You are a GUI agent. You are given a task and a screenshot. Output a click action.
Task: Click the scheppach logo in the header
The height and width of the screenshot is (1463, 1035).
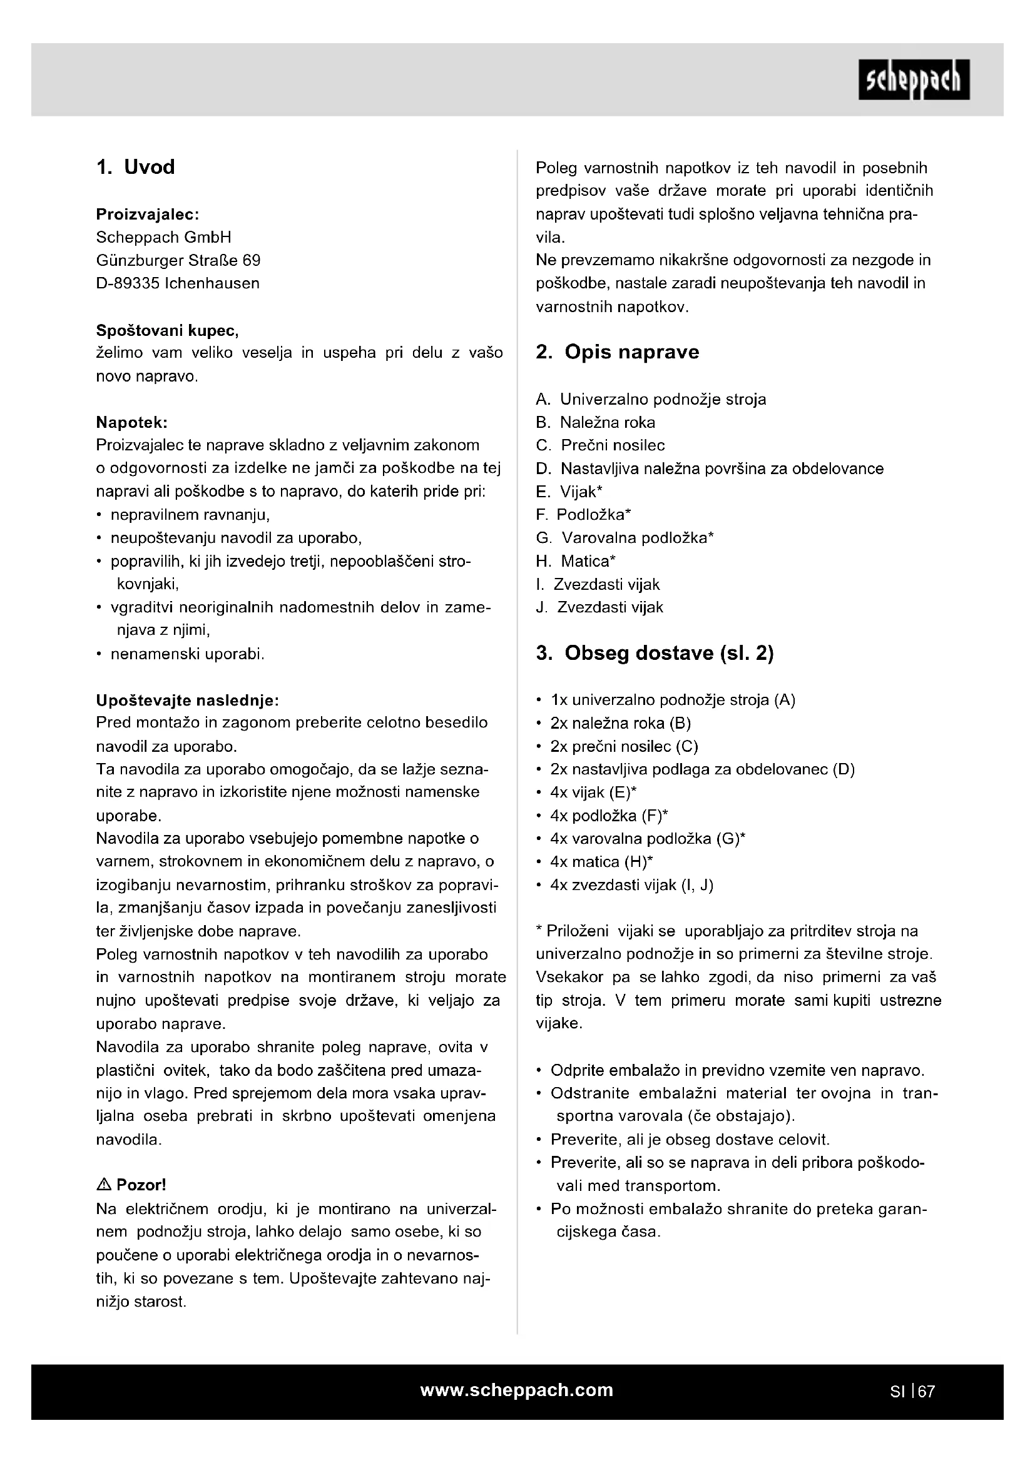tap(913, 79)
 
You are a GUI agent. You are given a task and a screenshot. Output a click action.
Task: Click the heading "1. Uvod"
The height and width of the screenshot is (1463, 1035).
tap(135, 167)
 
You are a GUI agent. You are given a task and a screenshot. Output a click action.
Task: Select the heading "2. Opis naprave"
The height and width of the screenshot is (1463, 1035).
tap(617, 352)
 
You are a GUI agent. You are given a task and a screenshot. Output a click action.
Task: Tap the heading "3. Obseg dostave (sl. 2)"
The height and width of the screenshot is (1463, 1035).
tap(655, 653)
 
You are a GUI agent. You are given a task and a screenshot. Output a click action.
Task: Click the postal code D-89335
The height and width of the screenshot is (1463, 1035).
tap(128, 283)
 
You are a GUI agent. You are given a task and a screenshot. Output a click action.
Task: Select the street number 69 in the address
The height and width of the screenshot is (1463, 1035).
tap(251, 261)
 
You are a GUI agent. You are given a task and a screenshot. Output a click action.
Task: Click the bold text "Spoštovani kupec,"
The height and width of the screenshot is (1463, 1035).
tap(167, 331)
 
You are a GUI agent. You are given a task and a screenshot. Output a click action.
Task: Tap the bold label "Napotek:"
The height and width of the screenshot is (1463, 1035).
tap(131, 422)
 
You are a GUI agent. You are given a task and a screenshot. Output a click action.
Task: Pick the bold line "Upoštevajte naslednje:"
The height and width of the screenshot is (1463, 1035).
tap(187, 701)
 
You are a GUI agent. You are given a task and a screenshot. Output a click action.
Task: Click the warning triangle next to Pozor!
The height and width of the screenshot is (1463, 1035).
tap(104, 1185)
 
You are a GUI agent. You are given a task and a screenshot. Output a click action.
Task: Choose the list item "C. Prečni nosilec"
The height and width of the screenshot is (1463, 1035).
tap(600, 445)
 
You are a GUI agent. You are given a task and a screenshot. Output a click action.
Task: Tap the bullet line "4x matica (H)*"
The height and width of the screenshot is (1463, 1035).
tap(601, 862)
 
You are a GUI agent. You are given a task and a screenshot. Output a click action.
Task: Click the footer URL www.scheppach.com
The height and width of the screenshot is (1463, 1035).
tap(517, 1390)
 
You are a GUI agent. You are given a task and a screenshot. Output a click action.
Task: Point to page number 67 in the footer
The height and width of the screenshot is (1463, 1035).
tap(926, 1392)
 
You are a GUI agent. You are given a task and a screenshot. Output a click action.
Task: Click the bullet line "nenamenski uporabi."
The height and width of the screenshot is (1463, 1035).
tap(186, 654)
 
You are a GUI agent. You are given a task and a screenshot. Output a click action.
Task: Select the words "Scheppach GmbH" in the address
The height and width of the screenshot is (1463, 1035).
tap(163, 238)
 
